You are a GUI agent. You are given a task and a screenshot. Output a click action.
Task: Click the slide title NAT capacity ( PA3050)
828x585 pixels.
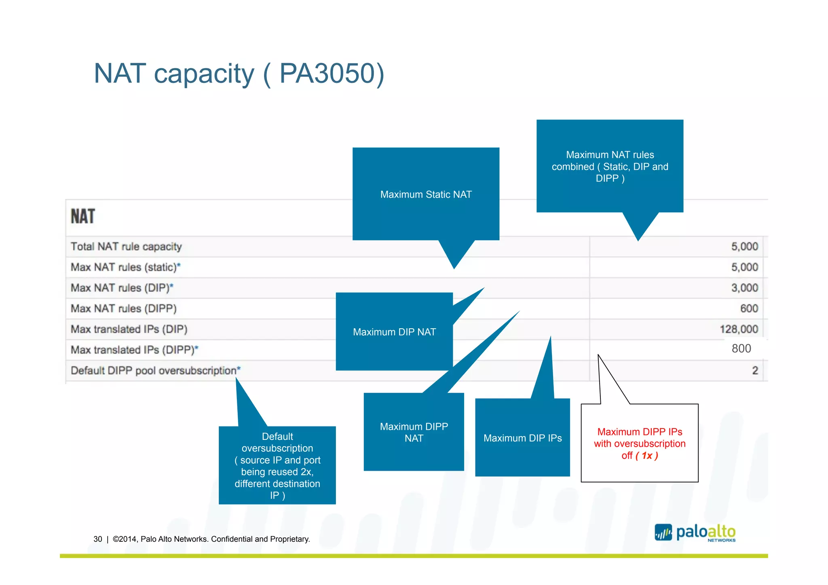point(239,74)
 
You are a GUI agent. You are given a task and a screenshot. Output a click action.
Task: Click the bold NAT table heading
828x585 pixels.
point(83,216)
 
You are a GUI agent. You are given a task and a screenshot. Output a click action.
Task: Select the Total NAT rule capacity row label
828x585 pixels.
point(126,247)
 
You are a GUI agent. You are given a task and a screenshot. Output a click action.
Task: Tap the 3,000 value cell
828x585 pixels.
point(744,288)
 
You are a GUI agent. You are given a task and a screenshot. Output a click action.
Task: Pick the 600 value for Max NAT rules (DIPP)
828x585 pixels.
point(749,308)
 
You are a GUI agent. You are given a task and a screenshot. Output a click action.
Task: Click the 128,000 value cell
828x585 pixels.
point(739,329)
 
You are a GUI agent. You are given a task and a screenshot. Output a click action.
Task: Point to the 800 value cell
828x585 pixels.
point(741,348)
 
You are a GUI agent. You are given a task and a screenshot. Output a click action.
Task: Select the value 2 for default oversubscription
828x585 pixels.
point(754,370)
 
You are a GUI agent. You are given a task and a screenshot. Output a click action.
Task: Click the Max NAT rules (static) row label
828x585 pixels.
point(125,267)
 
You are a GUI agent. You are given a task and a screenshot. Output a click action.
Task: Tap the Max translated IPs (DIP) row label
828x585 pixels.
point(129,329)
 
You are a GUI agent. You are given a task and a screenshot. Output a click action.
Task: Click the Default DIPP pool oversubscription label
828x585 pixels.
point(155,370)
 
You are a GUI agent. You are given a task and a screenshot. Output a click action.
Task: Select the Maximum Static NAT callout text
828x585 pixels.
point(426,194)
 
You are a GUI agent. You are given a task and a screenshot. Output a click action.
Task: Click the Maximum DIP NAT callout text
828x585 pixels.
point(394,332)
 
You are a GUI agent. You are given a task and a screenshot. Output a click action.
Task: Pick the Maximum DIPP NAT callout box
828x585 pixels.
point(414,432)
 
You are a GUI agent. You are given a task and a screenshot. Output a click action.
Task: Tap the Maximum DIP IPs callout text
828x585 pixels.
point(522,438)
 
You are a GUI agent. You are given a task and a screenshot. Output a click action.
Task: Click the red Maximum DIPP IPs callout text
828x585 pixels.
point(640,444)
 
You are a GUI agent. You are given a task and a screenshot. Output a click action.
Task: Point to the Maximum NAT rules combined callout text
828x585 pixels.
point(610,166)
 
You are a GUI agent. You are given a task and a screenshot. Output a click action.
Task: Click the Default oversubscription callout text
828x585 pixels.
point(277,466)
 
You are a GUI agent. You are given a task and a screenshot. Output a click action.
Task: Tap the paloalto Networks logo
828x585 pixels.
point(695,532)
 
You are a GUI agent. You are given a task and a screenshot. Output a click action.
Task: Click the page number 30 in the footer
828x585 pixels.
point(97,539)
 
